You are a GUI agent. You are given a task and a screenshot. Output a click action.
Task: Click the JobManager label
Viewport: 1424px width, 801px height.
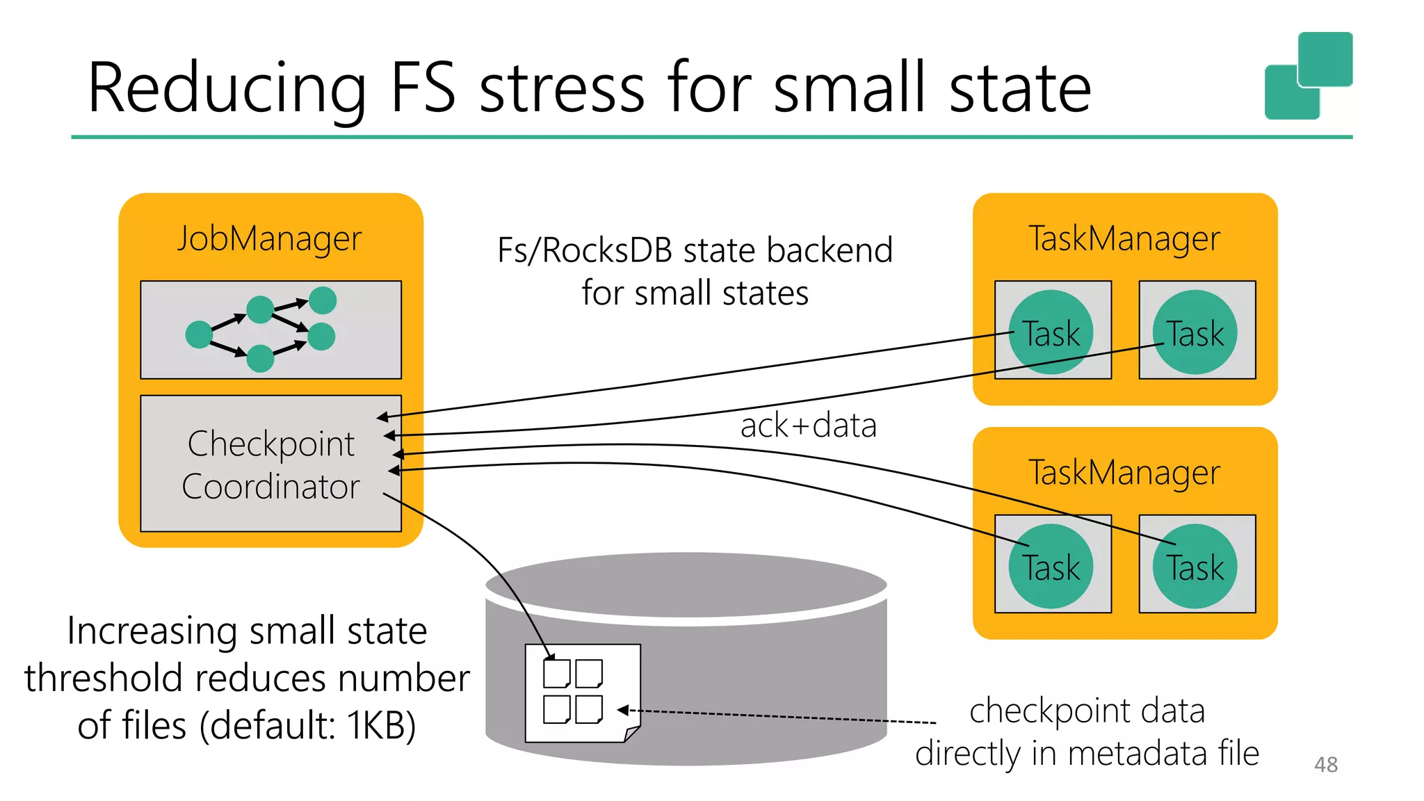click(269, 238)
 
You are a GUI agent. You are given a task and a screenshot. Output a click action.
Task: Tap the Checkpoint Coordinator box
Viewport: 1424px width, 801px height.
click(270, 464)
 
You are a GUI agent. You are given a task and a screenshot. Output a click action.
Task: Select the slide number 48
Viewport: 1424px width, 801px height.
click(1325, 765)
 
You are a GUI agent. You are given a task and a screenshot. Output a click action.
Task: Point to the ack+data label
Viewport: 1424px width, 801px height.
click(808, 426)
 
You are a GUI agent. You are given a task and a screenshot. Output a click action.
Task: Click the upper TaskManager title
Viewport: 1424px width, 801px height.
click(1124, 238)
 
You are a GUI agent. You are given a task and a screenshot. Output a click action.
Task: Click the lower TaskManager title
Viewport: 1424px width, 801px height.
click(1124, 473)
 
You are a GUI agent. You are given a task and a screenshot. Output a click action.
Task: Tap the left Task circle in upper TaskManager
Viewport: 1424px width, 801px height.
click(1051, 332)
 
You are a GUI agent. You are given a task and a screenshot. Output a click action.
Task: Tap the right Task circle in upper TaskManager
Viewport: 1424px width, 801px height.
click(1195, 332)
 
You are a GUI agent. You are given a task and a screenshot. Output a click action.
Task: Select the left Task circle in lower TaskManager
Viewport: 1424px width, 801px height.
click(1051, 566)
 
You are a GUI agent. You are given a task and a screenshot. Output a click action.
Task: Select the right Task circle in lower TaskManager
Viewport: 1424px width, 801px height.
click(1195, 566)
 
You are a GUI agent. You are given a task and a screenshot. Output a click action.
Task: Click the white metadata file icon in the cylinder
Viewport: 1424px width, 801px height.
click(583, 693)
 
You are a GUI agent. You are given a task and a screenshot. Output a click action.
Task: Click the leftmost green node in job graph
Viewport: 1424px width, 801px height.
click(199, 334)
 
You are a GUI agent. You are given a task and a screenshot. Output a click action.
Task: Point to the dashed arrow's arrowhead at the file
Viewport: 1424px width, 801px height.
click(622, 710)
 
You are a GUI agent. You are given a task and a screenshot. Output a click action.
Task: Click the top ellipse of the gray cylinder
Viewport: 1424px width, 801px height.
click(686, 584)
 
